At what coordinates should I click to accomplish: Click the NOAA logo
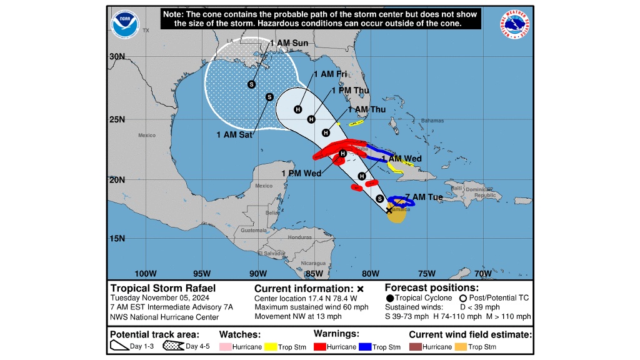tap(125, 24)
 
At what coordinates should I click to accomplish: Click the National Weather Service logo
tap(514, 24)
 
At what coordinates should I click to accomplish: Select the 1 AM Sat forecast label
tap(235, 134)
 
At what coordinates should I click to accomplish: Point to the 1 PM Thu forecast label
tap(350, 90)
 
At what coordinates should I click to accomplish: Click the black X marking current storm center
tap(389, 211)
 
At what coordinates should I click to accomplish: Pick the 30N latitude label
tap(117, 56)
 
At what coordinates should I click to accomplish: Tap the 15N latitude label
tap(117, 238)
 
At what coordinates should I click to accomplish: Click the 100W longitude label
tap(145, 272)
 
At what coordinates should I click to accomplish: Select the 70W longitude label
tap(482, 272)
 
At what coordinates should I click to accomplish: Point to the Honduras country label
tap(299, 237)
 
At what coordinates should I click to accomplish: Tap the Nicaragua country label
tap(313, 263)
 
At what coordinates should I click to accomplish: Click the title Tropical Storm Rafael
tap(162, 288)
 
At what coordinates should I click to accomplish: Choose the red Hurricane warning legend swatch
tap(321, 346)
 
